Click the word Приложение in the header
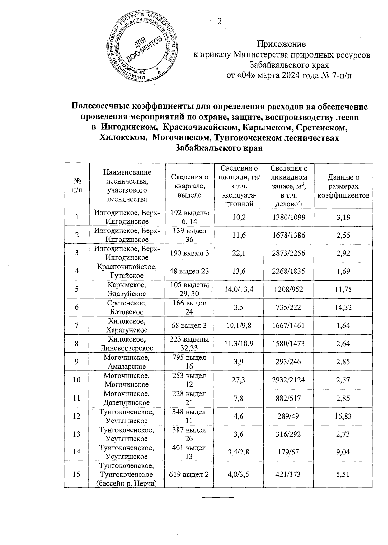coord(281,44)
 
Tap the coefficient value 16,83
coord(343,416)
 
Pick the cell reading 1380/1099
coord(288,217)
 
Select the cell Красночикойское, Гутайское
coord(127,271)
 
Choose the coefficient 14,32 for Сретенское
coord(343,307)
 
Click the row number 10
coord(77,380)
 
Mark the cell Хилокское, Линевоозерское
coord(127,344)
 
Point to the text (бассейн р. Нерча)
coord(127,483)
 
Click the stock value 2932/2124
coord(288,380)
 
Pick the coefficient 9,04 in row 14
coord(343,452)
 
